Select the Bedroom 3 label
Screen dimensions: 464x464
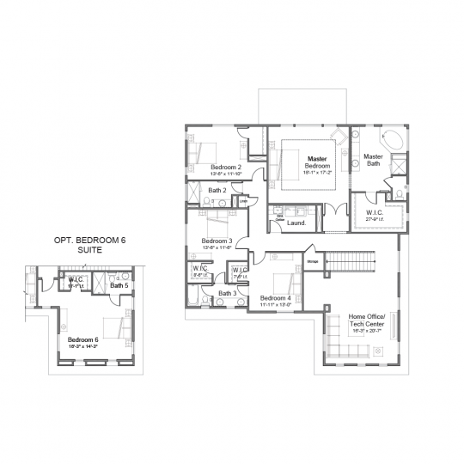pyautogui.click(x=217, y=241)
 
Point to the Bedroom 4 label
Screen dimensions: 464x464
pyautogui.click(x=276, y=298)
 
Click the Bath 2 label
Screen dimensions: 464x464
pyautogui.click(x=218, y=190)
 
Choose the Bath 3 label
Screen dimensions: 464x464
pyautogui.click(x=227, y=293)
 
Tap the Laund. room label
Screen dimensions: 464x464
pyautogui.click(x=296, y=223)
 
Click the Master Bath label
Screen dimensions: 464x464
pyautogui.click(x=373, y=160)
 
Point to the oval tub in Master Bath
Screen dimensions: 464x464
pyautogui.click(x=392, y=140)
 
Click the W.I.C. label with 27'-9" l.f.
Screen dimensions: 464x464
pyautogui.click(x=374, y=212)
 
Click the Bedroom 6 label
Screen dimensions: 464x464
pyautogui.click(x=83, y=339)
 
